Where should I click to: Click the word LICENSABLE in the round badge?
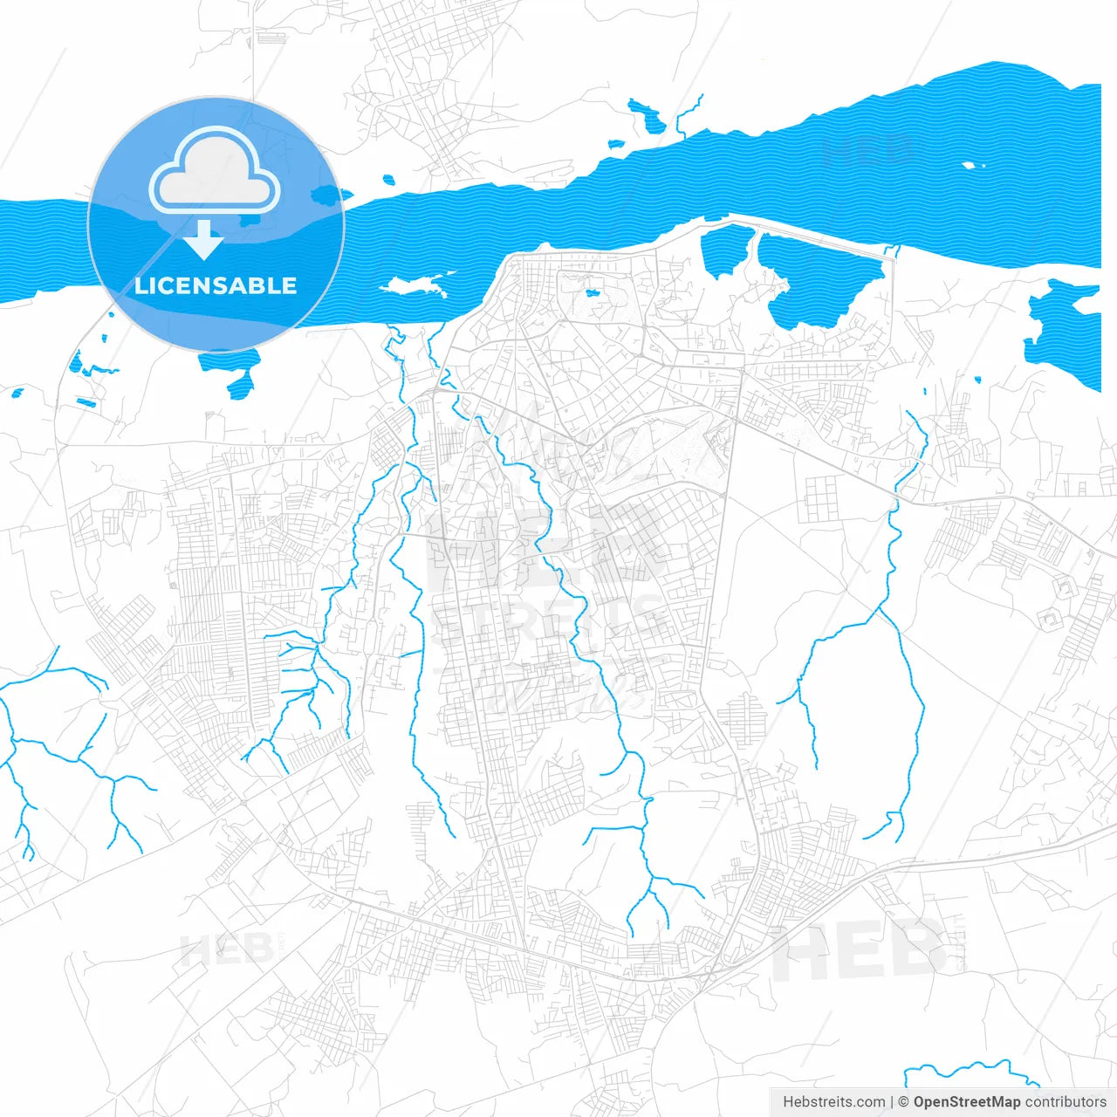pyautogui.click(x=216, y=285)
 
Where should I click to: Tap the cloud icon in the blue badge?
pyautogui.click(x=215, y=172)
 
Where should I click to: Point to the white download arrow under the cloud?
pyautogui.click(x=204, y=240)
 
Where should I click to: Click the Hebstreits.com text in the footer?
pyautogui.click(x=833, y=1102)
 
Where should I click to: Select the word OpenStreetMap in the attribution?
pyautogui.click(x=967, y=1102)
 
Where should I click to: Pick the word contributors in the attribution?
pyautogui.click(x=1066, y=1102)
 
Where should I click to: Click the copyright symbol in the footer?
pyautogui.click(x=903, y=1102)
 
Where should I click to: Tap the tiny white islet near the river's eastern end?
pyautogui.click(x=972, y=165)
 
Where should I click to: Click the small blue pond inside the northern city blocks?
pyautogui.click(x=593, y=293)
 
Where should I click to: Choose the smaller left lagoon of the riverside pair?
pyautogui.click(x=726, y=249)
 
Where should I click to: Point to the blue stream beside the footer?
pyautogui.click(x=960, y=1069)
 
